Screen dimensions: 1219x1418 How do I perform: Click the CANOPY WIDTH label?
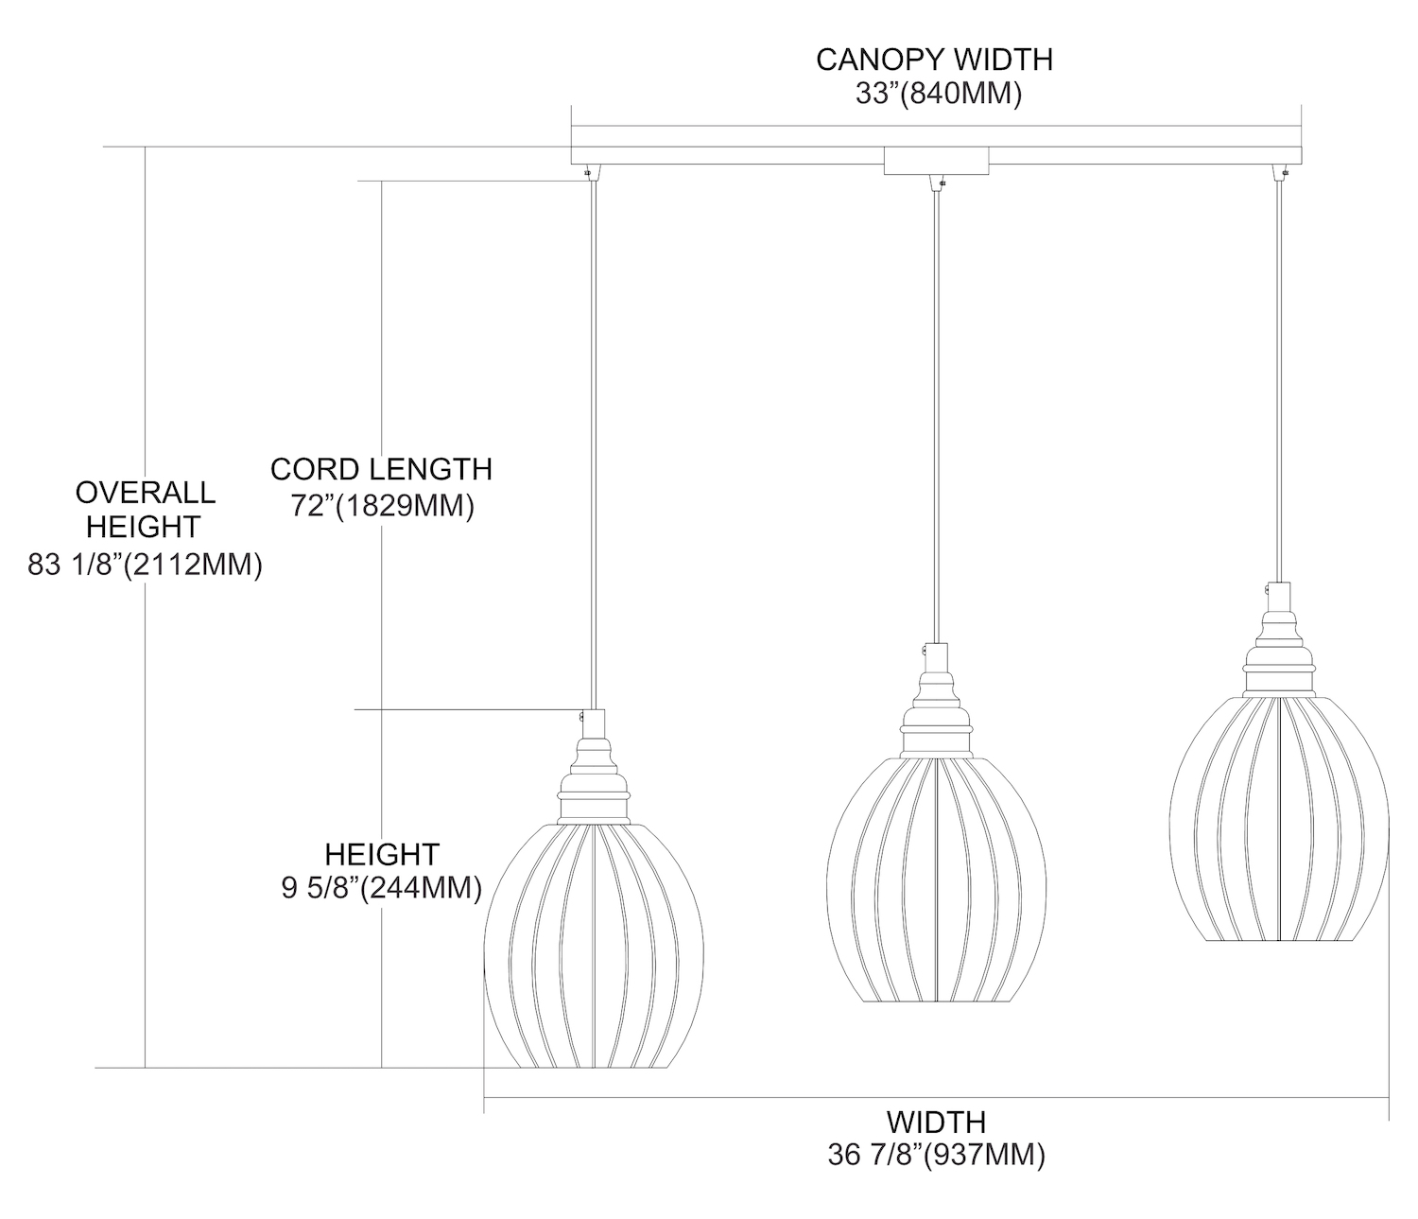click(x=934, y=60)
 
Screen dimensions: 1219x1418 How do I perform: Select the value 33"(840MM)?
click(x=934, y=95)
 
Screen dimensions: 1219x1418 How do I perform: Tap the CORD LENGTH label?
click(x=381, y=469)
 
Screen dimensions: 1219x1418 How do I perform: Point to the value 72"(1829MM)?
click(x=381, y=506)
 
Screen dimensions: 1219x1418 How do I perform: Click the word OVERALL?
click(x=146, y=492)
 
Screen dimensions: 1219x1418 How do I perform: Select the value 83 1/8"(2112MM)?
click(x=146, y=565)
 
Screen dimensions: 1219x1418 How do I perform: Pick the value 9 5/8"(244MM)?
click(x=382, y=889)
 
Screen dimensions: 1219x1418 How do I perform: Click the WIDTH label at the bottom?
click(x=936, y=1122)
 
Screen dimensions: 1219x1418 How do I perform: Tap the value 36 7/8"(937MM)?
click(x=936, y=1156)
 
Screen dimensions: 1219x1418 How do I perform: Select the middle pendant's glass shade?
click(x=936, y=865)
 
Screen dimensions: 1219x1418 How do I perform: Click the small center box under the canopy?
click(x=936, y=161)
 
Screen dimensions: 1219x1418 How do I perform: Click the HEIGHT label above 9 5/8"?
click(x=382, y=854)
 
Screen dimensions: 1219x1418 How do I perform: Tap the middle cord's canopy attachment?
click(x=936, y=182)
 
